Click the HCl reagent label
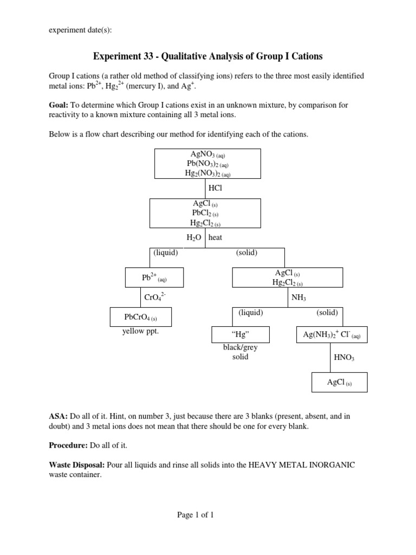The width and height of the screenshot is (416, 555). (215, 188)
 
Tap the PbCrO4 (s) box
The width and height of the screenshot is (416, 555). (141, 317)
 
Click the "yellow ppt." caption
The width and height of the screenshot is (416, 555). (141, 331)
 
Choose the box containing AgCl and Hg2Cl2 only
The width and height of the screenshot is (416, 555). (288, 277)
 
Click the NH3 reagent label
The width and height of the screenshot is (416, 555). (298, 297)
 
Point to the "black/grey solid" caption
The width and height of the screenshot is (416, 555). (240, 352)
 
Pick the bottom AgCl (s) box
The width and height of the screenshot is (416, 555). (339, 382)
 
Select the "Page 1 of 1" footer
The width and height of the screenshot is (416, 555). (196, 515)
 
